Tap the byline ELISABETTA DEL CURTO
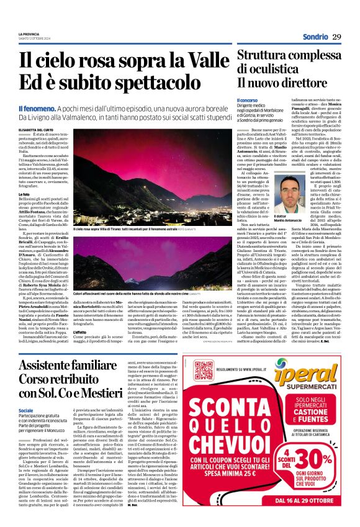point(37,128)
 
